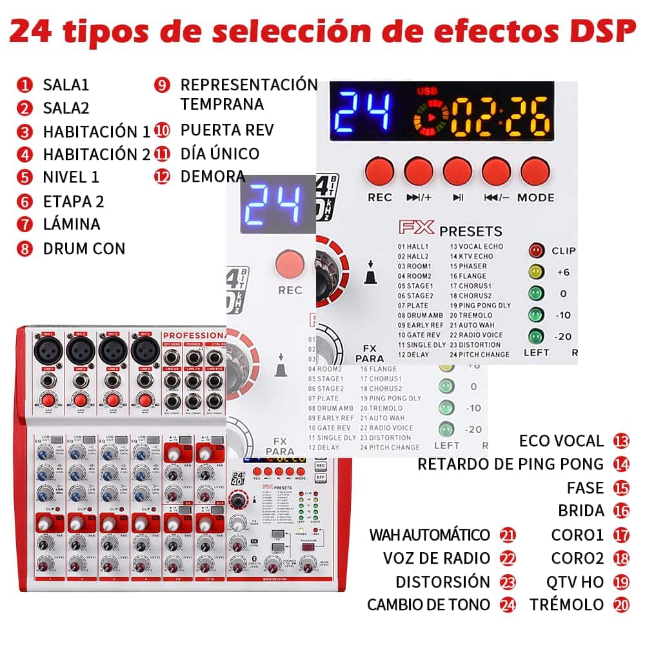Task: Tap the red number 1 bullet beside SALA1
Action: coord(25,84)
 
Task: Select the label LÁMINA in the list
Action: coord(71,224)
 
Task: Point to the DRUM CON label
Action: coord(84,248)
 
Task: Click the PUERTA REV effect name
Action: coord(227,130)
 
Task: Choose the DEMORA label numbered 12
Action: coord(213,176)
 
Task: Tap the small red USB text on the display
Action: coord(426,91)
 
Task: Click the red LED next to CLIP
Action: coord(535,251)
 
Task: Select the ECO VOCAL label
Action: coord(561,441)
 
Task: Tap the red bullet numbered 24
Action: coord(508,605)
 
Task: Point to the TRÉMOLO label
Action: coord(567,605)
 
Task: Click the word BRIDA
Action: coord(581,511)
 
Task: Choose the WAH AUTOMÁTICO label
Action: coord(430,535)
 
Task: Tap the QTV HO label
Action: coord(575,582)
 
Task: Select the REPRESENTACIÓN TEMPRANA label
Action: coord(248,94)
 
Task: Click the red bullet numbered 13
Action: coord(621,441)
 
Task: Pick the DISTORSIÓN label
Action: coord(443,582)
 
